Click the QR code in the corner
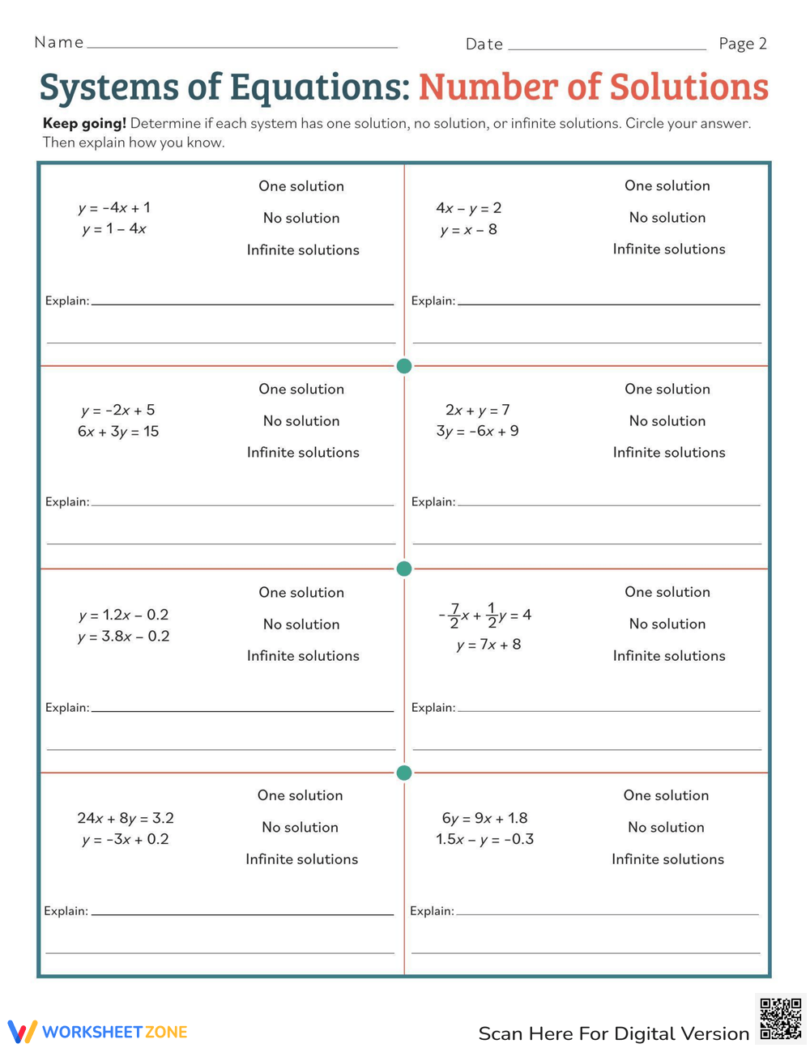[x=781, y=1018]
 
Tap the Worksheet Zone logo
[x=97, y=1032]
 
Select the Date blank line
[x=607, y=48]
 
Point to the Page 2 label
[x=742, y=44]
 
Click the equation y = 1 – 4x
[x=114, y=229]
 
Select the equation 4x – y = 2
[x=468, y=208]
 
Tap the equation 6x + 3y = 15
[x=118, y=432]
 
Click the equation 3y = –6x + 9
[x=477, y=432]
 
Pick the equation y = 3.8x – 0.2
[x=124, y=637]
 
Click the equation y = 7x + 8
[x=488, y=645]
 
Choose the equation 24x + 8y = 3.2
[x=126, y=818]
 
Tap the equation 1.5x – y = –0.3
[x=484, y=839]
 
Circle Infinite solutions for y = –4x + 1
[x=303, y=250]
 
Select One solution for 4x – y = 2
[x=667, y=185]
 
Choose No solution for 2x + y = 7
[x=667, y=421]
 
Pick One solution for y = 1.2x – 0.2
[x=301, y=592]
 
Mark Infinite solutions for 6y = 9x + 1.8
[x=667, y=859]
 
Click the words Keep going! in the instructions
[x=84, y=124]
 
